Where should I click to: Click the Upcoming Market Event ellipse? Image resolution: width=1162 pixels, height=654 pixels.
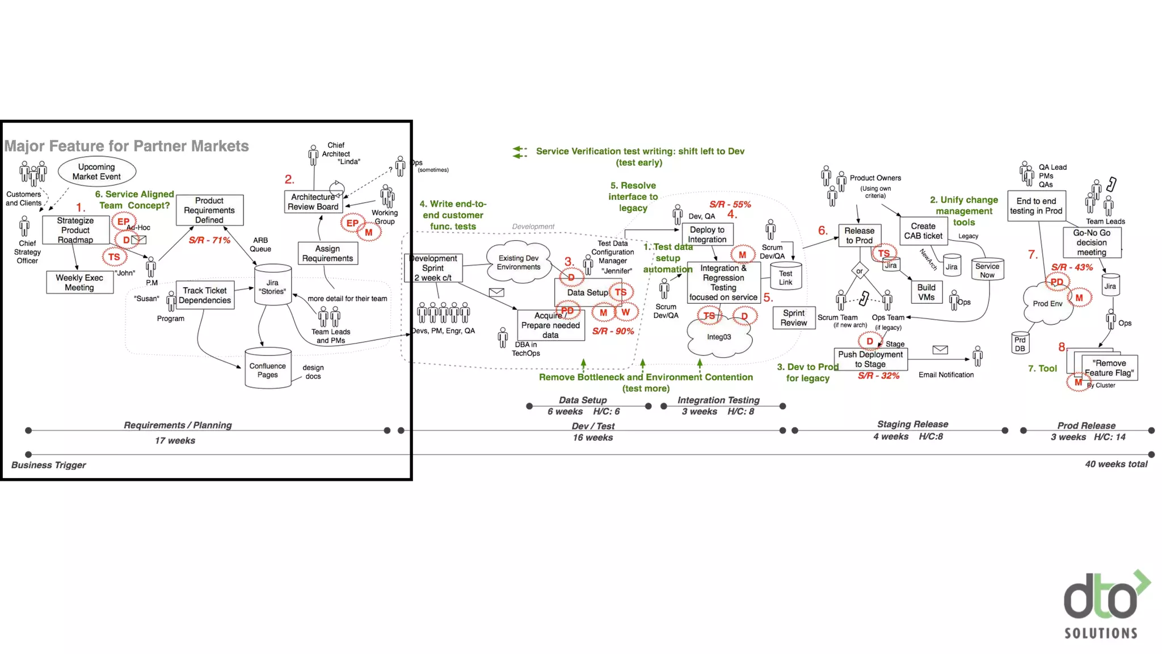click(96, 171)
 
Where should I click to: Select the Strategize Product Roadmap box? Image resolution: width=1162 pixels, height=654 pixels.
click(75, 230)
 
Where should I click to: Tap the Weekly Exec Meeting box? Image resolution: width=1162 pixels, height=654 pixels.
click(79, 282)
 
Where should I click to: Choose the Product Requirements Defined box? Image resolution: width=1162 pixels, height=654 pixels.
click(209, 210)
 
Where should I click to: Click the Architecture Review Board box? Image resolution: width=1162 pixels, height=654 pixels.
click(313, 202)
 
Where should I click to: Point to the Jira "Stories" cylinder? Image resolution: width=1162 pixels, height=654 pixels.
click(272, 285)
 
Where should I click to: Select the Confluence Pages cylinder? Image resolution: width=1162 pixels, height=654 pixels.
click(268, 369)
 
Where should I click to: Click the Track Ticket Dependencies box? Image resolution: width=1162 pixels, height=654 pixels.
click(205, 295)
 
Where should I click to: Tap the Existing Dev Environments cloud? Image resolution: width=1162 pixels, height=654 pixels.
click(519, 262)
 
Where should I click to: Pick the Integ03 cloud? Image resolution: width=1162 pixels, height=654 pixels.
click(719, 338)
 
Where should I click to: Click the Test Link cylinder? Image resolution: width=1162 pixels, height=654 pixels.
click(785, 276)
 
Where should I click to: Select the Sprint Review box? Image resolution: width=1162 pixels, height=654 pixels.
click(793, 318)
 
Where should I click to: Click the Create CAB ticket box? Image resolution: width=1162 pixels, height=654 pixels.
click(923, 230)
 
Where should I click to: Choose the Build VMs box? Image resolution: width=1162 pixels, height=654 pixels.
click(926, 292)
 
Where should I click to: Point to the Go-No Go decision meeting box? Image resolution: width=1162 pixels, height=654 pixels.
click(1092, 242)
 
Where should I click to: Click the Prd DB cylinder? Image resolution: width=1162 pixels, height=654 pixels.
click(1020, 343)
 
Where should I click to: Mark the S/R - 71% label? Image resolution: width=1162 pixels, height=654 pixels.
click(209, 240)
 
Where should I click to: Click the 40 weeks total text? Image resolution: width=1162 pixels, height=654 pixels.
click(1116, 464)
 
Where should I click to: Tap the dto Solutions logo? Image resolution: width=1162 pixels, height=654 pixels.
click(1103, 605)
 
